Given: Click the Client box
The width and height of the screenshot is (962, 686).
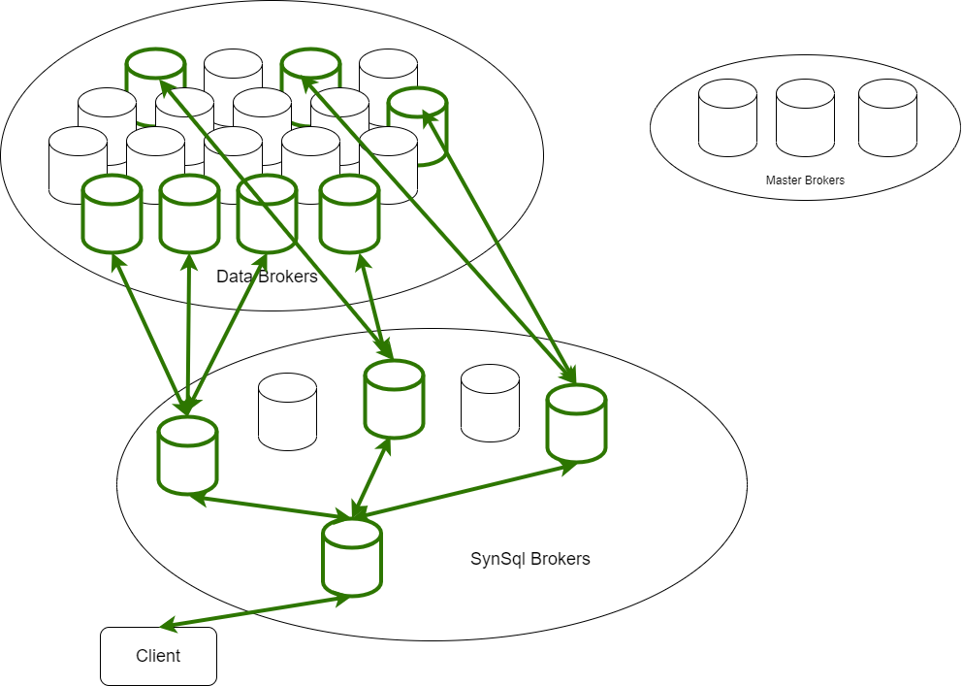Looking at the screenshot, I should point(158,656).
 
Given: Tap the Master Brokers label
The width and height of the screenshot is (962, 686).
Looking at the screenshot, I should point(805,180).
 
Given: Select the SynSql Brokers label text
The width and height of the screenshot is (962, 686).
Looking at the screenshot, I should point(529,559).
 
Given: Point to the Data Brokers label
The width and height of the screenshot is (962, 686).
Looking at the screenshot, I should point(267,277).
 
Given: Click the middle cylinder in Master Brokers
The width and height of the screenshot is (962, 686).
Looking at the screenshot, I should point(805,118).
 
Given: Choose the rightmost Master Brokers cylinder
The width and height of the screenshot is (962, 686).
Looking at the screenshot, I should point(887,118).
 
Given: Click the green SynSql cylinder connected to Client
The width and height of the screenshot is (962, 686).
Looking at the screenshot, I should point(351,557).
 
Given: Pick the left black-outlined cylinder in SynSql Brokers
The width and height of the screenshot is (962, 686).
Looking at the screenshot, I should point(287,411).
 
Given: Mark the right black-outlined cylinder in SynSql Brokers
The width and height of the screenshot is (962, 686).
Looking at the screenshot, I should point(490,404).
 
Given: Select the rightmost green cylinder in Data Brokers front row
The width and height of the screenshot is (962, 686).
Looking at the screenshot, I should point(349,214).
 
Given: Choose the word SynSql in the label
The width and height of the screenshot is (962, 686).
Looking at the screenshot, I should point(493,559).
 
